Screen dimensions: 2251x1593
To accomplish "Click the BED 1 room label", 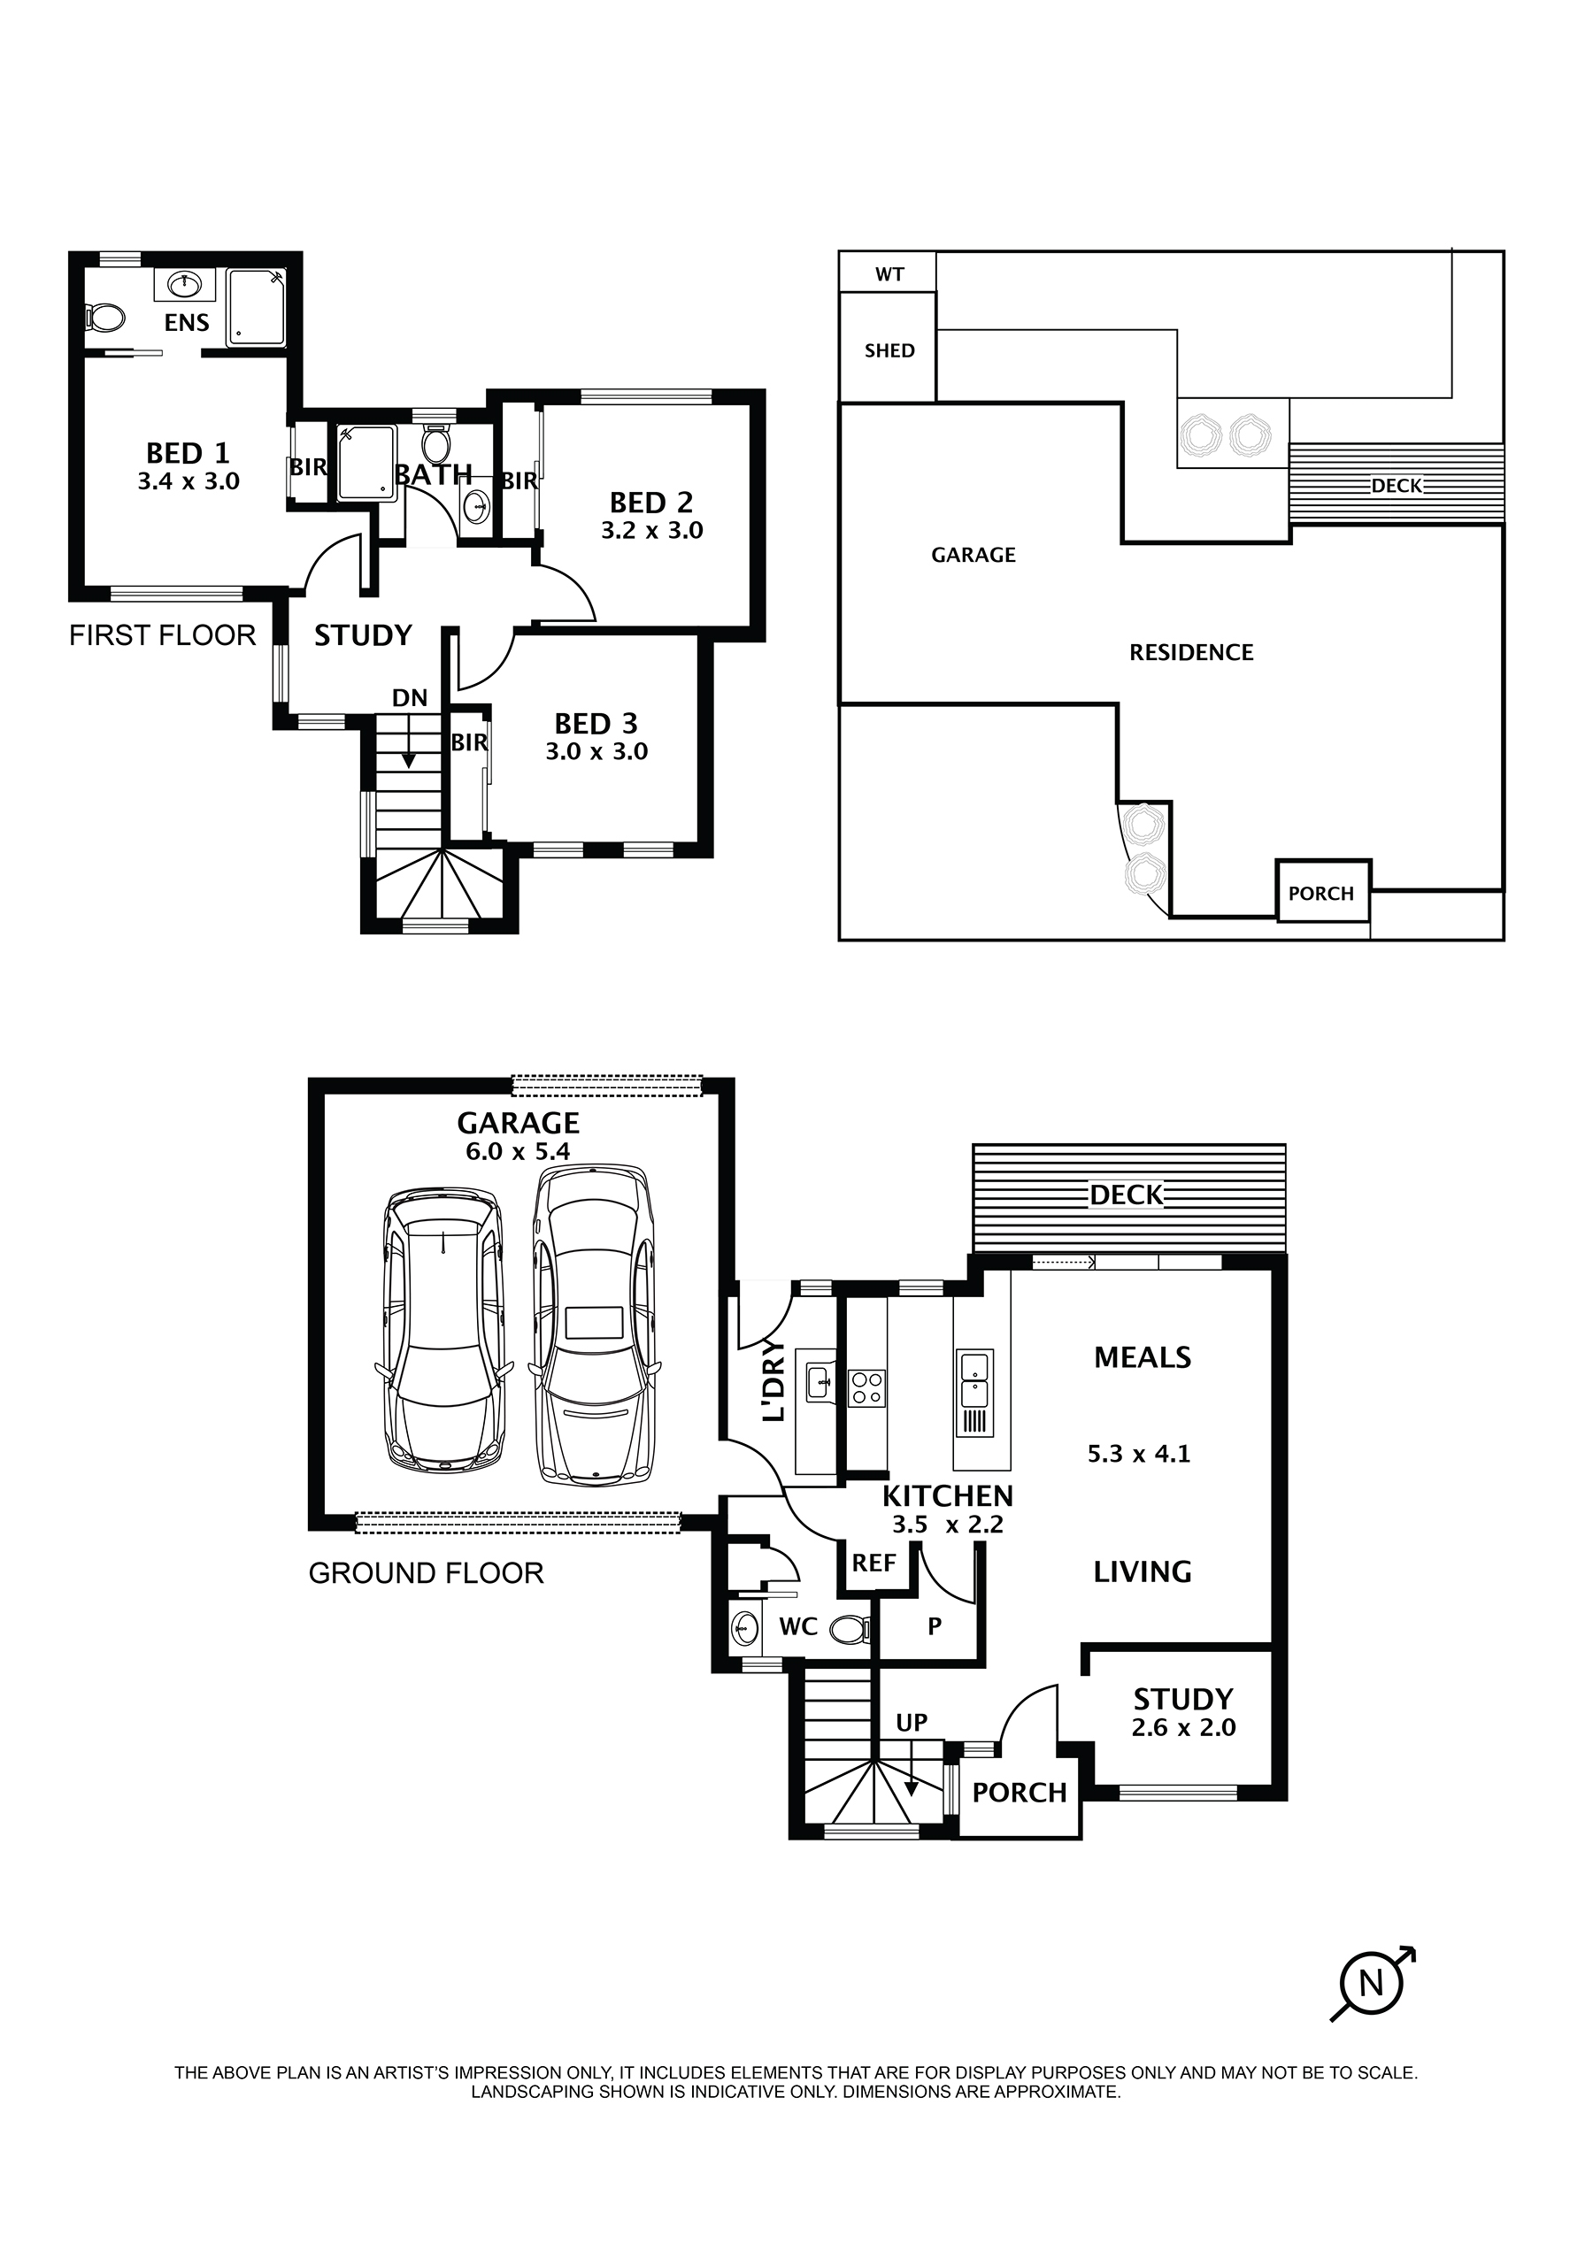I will pos(188,453).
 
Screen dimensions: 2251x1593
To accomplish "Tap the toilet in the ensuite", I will pos(105,317).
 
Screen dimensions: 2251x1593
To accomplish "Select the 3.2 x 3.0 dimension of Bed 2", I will pos(651,531).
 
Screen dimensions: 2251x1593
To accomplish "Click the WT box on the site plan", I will pos(889,274).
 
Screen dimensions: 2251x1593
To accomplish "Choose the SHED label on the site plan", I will pos(889,351).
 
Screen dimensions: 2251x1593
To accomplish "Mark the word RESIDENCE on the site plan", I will pos(1191,653).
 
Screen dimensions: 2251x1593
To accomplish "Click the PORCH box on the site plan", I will pos(1321,893).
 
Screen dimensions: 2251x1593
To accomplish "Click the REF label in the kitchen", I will pos(873,1563).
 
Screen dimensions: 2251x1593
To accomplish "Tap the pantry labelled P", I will pos(934,1626).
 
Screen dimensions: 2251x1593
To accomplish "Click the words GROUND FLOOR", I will pos(426,1573).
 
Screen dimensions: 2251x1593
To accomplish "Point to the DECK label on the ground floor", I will pos(1126,1195).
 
